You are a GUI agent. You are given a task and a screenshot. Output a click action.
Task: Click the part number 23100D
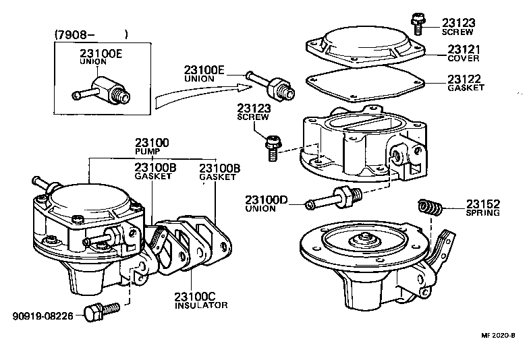[266, 200]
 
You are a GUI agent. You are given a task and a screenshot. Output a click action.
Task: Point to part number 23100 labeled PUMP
[152, 144]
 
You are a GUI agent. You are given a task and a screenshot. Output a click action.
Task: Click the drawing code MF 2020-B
[498, 335]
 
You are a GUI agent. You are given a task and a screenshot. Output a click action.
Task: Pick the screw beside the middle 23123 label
[273, 146]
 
